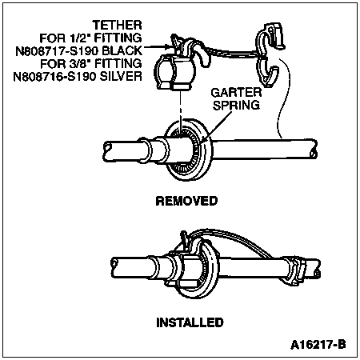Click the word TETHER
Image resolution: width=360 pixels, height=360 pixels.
click(x=118, y=25)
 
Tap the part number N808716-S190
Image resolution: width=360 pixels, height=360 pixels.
click(x=54, y=77)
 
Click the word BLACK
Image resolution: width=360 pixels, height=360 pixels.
click(x=122, y=50)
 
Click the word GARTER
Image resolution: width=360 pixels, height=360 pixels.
click(x=236, y=93)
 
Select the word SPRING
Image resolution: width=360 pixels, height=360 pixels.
click(x=236, y=105)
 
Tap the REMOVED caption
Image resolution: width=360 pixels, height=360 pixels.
click(x=186, y=201)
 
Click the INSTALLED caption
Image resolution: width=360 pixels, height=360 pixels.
click(x=190, y=322)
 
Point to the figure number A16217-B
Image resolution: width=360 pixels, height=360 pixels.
click(x=318, y=345)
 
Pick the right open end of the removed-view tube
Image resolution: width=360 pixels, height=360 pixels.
click(x=314, y=150)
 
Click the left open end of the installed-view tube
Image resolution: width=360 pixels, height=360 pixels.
click(x=114, y=267)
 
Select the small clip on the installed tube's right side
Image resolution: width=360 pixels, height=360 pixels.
click(x=294, y=270)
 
